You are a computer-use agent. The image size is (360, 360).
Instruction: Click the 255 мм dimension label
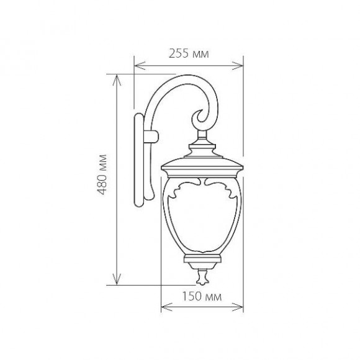[x=189, y=54]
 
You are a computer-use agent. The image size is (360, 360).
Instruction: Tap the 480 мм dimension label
[x=102, y=174]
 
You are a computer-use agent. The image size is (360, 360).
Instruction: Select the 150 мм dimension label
[x=202, y=296]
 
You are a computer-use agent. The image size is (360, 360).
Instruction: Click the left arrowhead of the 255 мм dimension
[x=140, y=66]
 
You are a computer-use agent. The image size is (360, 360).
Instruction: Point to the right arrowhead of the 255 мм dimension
[x=237, y=66]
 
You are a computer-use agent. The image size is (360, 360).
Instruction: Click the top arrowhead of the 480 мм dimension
[x=117, y=80]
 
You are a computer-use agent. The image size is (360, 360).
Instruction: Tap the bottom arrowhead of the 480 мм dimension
[x=117, y=279]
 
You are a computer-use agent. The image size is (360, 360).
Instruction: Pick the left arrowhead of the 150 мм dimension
[x=166, y=307]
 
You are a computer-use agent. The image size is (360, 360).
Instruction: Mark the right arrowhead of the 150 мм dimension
[x=237, y=307]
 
